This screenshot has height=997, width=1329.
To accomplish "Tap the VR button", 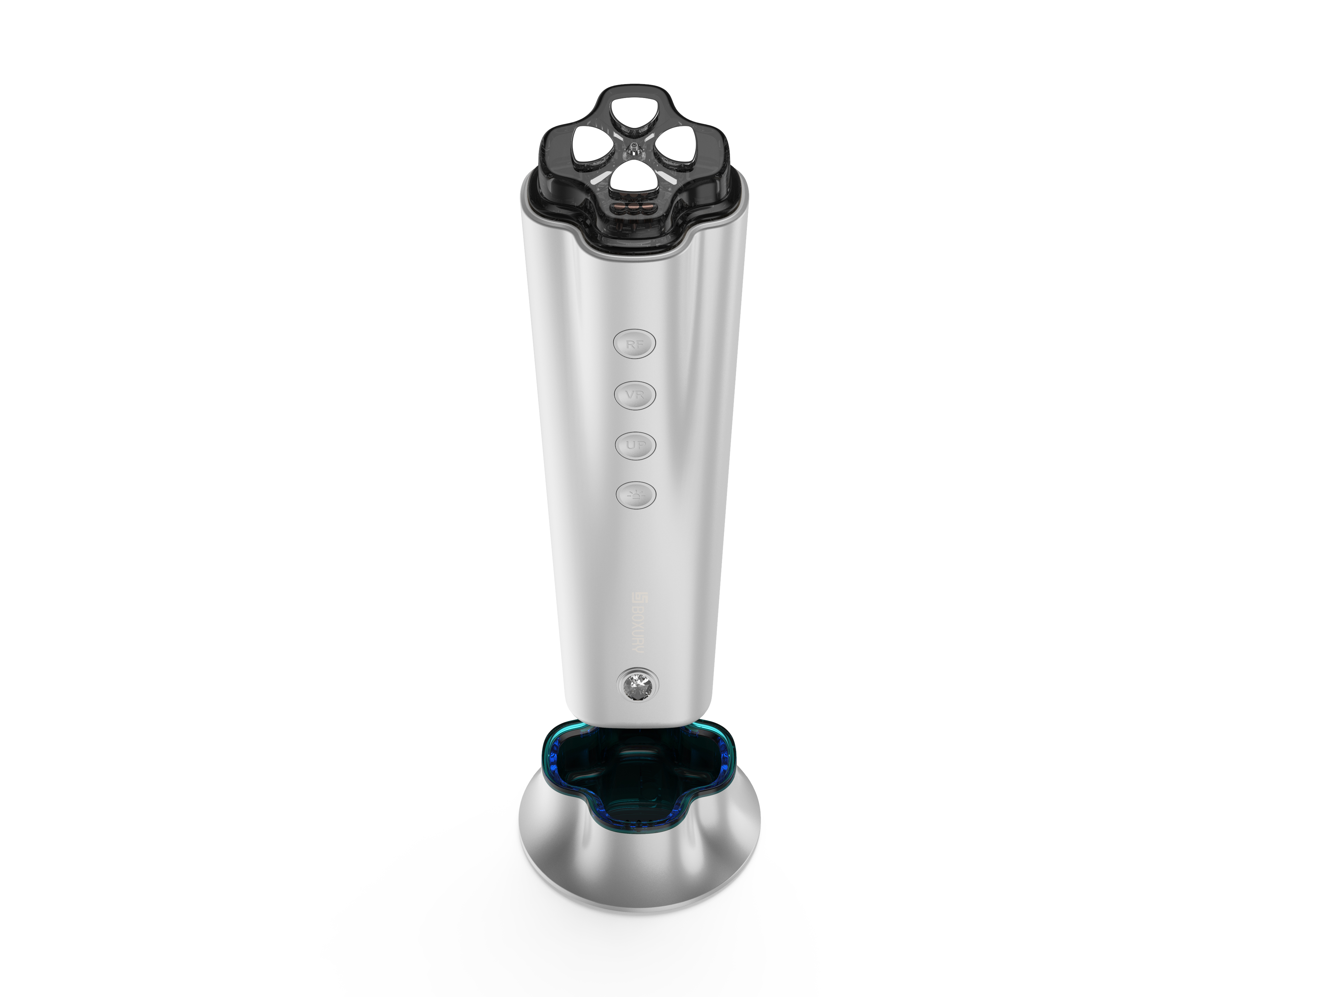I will pos(635,395).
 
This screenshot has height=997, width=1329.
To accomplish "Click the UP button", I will pos(635,445).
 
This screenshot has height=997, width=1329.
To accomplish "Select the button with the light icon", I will pos(636,495).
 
